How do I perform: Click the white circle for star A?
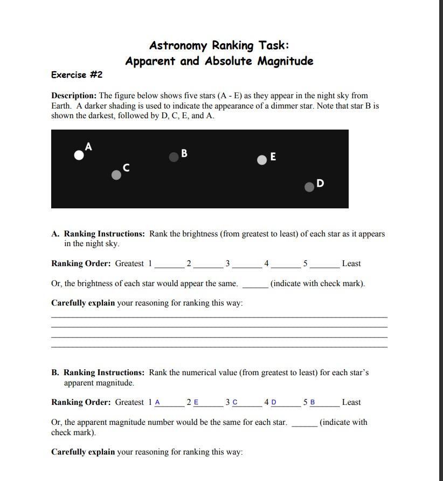point(79,155)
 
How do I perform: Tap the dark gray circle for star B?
point(174,157)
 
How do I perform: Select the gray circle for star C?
point(116,175)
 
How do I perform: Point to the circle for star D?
point(309,187)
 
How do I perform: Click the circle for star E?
point(262,159)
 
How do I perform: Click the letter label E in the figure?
point(273,157)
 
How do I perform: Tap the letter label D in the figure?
point(321,183)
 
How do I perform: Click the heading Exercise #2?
point(77,74)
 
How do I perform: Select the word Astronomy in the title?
point(178,45)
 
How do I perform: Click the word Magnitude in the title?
point(285,61)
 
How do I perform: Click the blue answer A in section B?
point(157,403)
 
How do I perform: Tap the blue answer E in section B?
point(196,403)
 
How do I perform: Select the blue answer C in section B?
point(235,403)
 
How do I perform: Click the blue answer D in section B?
point(274,403)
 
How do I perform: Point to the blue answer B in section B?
point(313,403)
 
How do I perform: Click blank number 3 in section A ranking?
point(247,265)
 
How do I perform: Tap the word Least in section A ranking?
point(351,263)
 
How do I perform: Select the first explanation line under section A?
point(219,316)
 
